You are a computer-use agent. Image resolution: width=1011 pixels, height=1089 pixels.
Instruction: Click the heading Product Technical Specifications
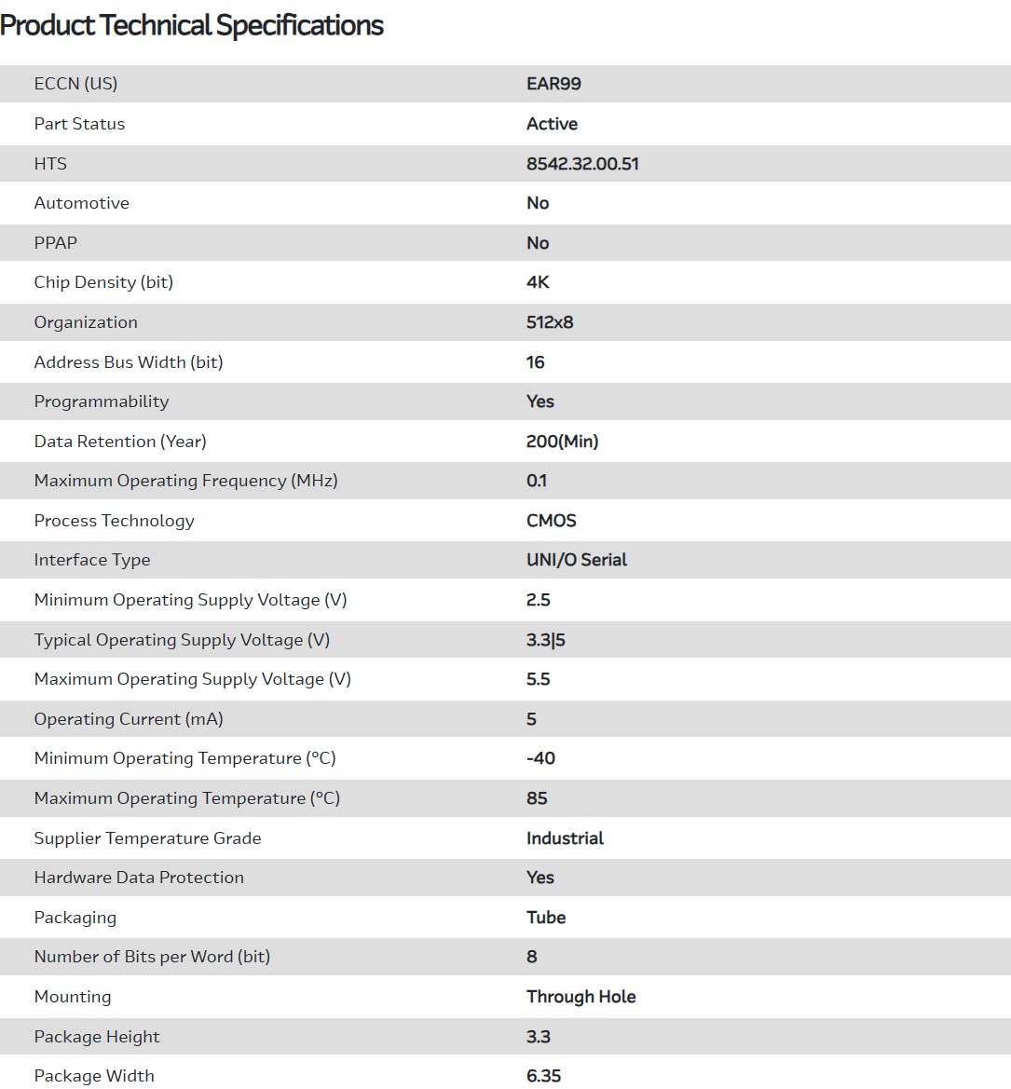click(192, 25)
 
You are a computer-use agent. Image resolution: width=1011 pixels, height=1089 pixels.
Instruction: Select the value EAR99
click(553, 84)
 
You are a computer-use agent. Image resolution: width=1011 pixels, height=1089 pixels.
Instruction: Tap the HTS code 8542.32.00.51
click(582, 164)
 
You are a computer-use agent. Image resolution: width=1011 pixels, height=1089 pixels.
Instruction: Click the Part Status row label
click(79, 124)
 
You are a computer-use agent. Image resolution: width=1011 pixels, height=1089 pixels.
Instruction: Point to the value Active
click(552, 124)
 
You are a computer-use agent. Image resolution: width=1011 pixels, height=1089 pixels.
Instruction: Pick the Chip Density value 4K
click(538, 282)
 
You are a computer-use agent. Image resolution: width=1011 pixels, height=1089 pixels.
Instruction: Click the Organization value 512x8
click(550, 322)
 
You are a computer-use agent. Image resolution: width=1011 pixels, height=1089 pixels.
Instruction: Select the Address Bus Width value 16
click(536, 362)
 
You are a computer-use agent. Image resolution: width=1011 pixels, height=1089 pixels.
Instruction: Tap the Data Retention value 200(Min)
click(562, 442)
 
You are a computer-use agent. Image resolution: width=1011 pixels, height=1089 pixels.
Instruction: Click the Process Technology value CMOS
click(552, 521)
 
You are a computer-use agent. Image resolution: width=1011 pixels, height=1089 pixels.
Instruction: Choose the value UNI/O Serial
click(577, 560)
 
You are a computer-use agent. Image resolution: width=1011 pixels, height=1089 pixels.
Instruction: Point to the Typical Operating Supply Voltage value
click(546, 640)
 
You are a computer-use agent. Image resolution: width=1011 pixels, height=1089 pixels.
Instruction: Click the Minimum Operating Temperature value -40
click(540, 758)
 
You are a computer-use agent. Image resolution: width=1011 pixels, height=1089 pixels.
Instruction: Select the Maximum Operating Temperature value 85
click(537, 798)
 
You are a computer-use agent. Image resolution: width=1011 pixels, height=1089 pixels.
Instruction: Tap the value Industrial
click(565, 838)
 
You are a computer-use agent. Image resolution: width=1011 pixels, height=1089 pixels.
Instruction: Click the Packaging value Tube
click(546, 918)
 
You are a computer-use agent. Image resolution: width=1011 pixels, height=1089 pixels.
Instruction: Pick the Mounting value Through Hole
click(581, 997)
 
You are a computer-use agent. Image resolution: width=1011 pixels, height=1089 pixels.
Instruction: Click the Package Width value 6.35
click(543, 1076)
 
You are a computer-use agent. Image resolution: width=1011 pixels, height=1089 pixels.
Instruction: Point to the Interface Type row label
click(92, 560)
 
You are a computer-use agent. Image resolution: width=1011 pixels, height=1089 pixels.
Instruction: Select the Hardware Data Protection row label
click(139, 878)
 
